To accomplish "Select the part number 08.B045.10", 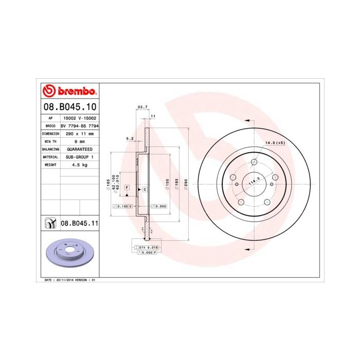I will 69,107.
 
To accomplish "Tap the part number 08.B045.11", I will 80,224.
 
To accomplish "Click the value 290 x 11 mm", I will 80,133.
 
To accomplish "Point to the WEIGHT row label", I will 50,165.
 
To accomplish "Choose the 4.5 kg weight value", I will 80,165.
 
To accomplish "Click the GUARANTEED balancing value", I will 80,149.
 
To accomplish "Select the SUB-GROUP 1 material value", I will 80,157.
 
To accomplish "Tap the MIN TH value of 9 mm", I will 80,140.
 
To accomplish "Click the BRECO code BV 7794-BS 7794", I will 80,125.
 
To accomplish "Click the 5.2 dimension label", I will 130,138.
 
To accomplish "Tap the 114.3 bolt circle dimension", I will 254,182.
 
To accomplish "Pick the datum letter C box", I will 145,190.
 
